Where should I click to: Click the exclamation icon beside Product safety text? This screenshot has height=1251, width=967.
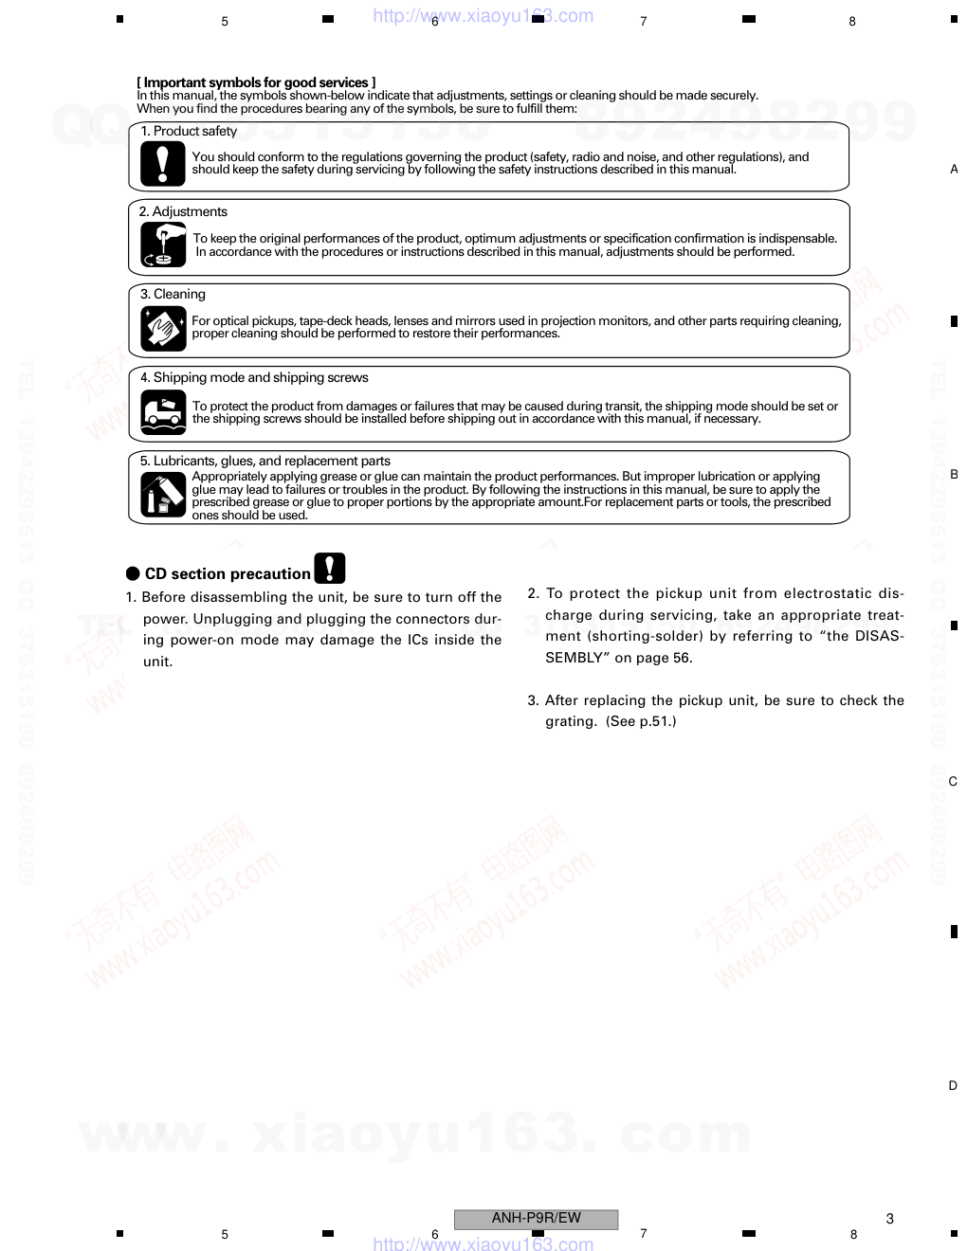pyautogui.click(x=162, y=164)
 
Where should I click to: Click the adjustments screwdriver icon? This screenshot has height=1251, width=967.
pyautogui.click(x=162, y=245)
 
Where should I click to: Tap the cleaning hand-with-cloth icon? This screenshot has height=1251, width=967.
pyautogui.click(x=162, y=329)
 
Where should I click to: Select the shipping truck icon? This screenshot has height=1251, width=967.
pyautogui.click(x=162, y=412)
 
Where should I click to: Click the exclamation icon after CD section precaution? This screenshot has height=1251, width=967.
pyautogui.click(x=329, y=568)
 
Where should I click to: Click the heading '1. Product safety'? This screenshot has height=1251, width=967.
pyautogui.click(x=189, y=132)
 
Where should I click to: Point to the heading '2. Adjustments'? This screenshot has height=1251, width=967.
pyautogui.click(x=183, y=212)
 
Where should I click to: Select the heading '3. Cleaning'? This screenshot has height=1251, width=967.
pyautogui.click(x=173, y=295)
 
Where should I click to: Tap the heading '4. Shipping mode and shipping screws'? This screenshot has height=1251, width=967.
pyautogui.click(x=254, y=378)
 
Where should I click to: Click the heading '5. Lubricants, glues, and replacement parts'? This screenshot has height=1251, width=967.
pyautogui.click(x=265, y=462)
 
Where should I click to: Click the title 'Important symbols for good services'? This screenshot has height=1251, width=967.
pyautogui.click(x=256, y=82)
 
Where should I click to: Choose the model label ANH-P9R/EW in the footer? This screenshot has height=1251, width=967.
pyautogui.click(x=536, y=1219)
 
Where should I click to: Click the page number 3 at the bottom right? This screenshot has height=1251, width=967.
pyautogui.click(x=889, y=1219)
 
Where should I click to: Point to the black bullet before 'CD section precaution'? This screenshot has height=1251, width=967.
pyautogui.click(x=133, y=573)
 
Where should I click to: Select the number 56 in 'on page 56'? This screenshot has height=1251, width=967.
pyautogui.click(x=682, y=658)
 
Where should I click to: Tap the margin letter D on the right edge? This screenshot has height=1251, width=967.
pyautogui.click(x=953, y=1086)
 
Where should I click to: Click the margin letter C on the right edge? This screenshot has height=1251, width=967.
pyautogui.click(x=953, y=782)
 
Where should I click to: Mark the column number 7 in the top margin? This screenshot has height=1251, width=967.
pyautogui.click(x=644, y=21)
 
